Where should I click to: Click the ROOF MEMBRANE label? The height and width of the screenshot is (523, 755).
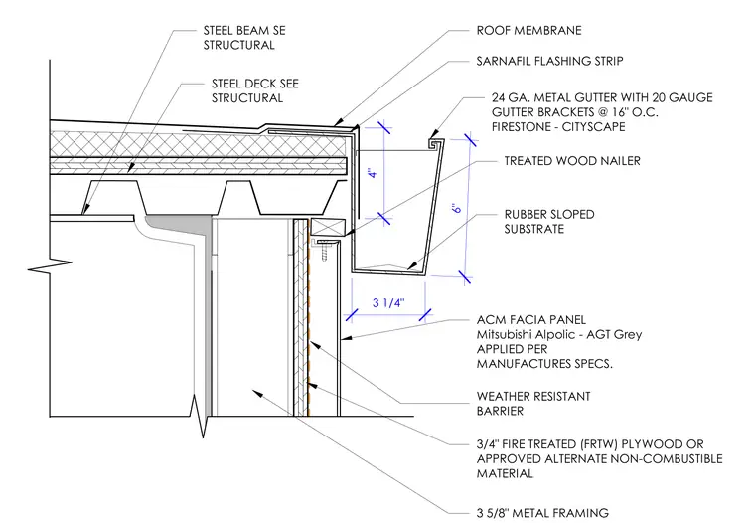pos(528,31)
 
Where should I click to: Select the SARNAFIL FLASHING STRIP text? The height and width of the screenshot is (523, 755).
pos(549,61)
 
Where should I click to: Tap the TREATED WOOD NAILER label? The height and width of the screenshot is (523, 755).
pos(572,160)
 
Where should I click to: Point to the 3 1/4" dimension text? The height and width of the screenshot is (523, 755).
pos(388,302)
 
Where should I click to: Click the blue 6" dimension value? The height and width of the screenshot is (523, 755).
pos(456,207)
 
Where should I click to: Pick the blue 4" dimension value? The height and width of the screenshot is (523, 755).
pos(375,172)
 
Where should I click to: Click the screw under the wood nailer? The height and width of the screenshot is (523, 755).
pos(324,251)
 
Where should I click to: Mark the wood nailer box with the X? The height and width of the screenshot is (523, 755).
pos(329,227)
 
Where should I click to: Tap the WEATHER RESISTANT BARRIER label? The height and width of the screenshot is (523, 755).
pos(533,404)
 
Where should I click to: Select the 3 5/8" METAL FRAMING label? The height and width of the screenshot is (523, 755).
pos(542,513)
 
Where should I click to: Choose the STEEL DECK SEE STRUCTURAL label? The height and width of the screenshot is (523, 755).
pos(254,90)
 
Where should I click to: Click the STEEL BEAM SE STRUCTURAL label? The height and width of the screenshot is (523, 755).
pos(244,38)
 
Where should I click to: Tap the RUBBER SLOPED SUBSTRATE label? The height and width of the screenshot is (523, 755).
pos(549,222)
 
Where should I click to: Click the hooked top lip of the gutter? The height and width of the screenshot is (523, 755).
pos(437,143)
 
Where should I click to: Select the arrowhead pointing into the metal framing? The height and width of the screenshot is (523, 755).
pos(258,393)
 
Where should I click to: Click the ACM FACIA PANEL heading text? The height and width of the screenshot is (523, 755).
pos(531,319)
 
